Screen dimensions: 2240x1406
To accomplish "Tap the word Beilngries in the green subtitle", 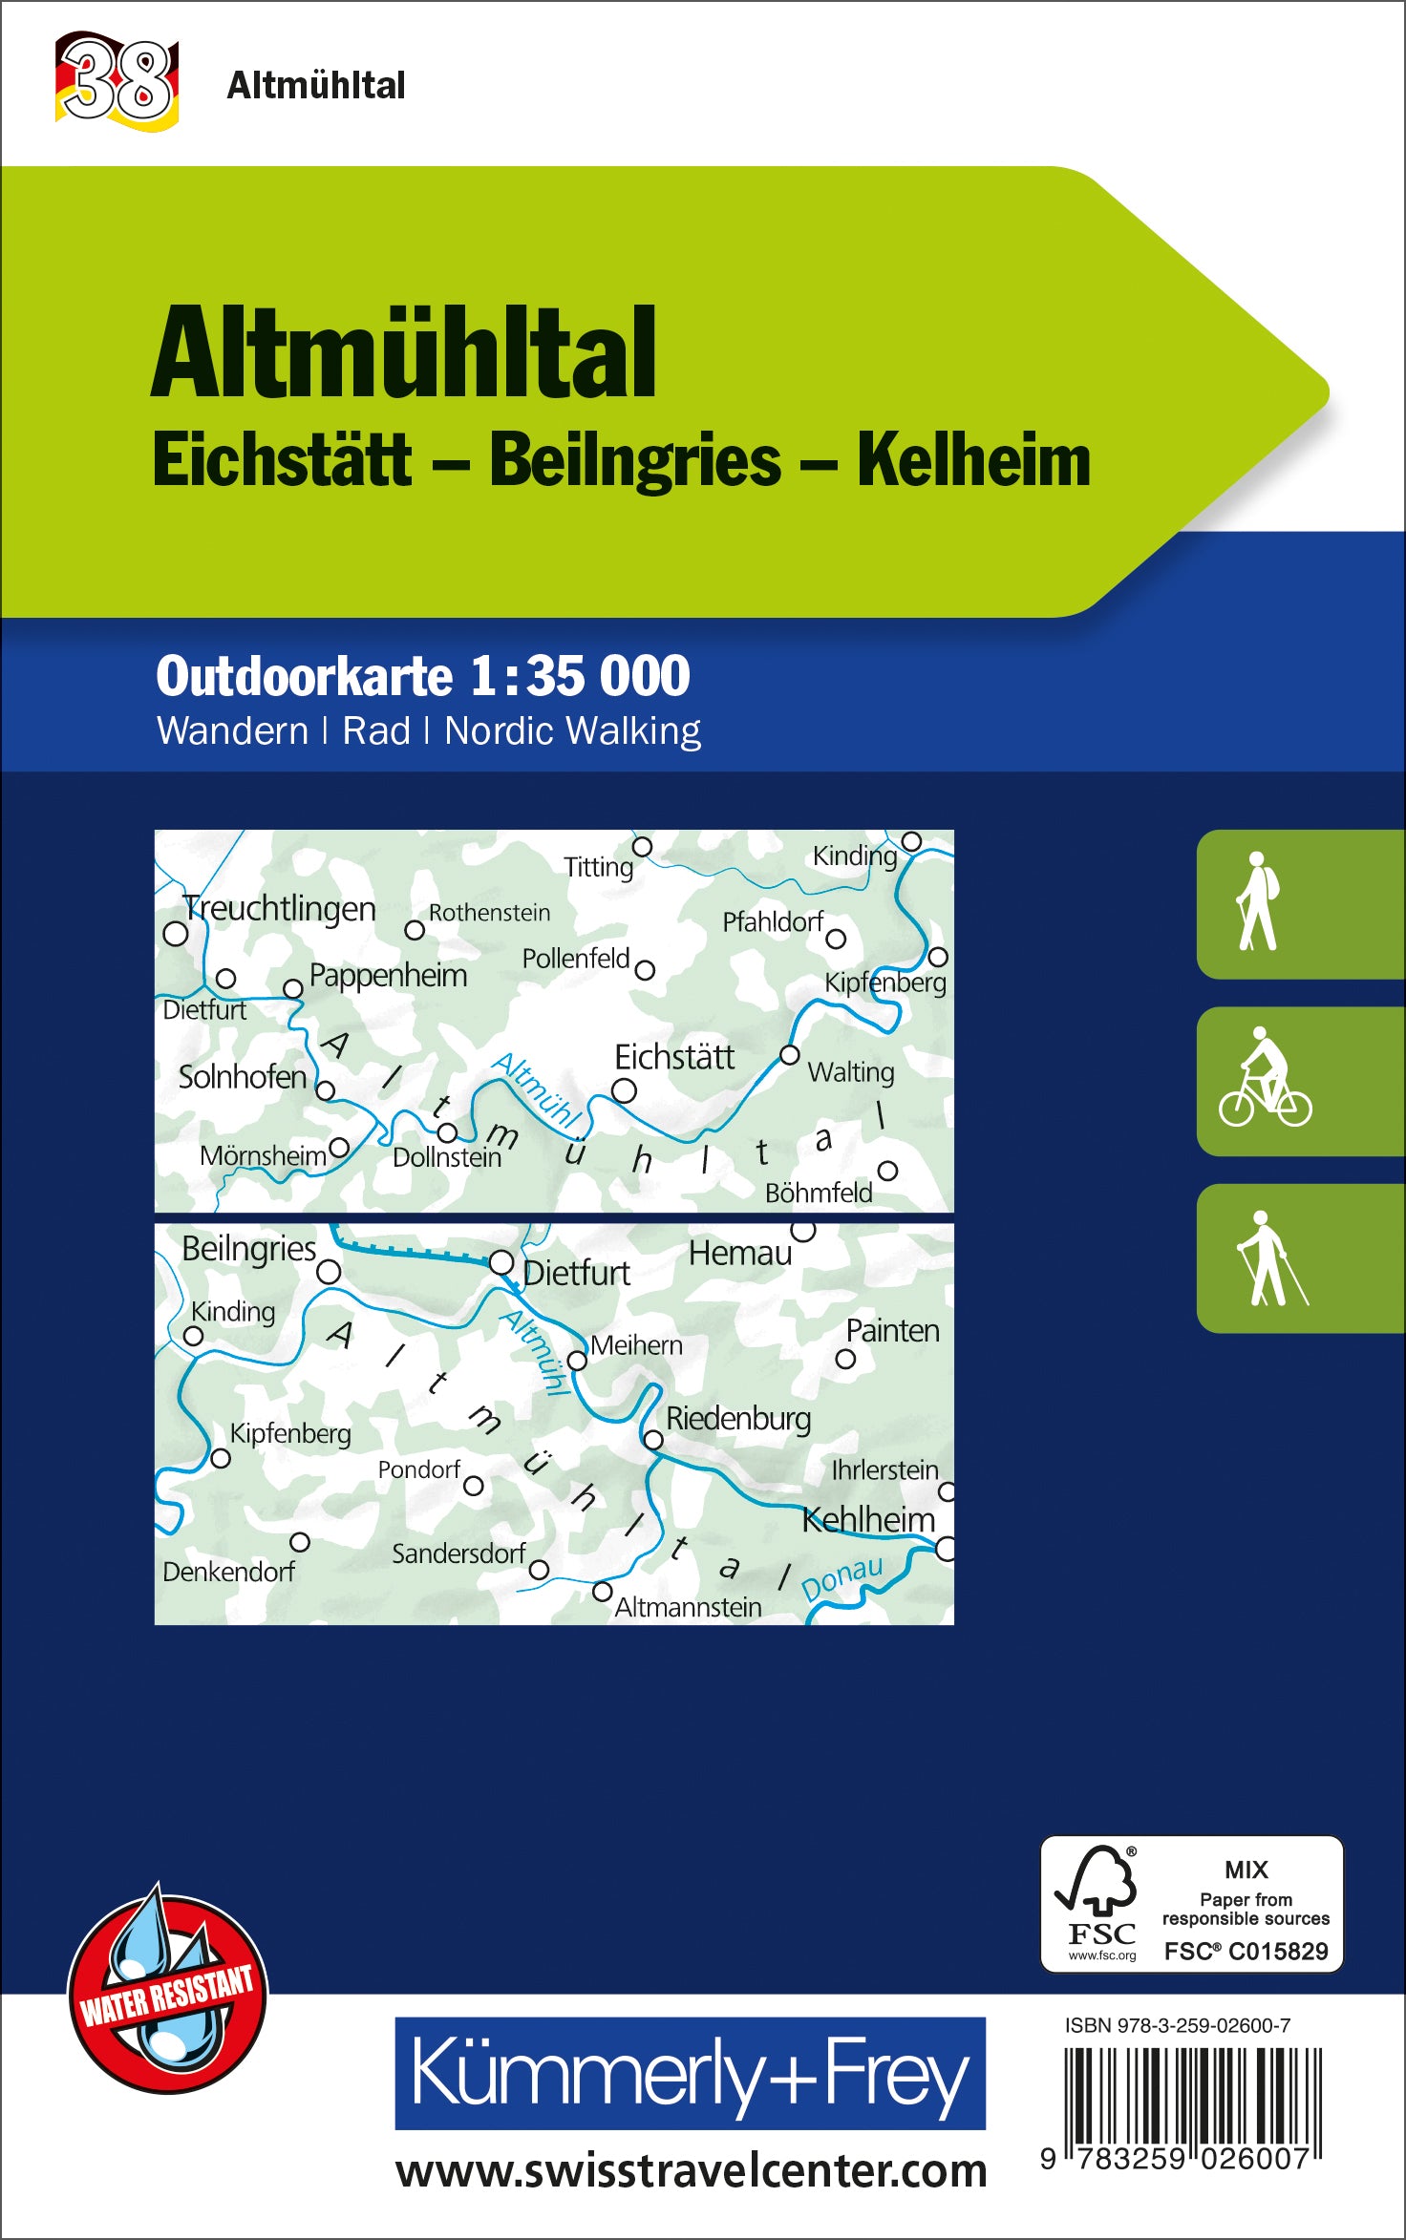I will [x=635, y=461].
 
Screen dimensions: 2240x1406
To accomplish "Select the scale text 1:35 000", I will [x=580, y=676].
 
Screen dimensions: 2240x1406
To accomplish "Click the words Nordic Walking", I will [x=572, y=731].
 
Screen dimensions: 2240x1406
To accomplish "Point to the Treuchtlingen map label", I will [x=279, y=908].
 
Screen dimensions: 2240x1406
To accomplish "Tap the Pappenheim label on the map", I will [x=388, y=976].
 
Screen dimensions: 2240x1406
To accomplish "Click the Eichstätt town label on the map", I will [x=673, y=1058].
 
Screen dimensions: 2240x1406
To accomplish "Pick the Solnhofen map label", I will [x=242, y=1077].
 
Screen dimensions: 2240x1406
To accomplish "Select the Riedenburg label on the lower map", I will [x=737, y=1419].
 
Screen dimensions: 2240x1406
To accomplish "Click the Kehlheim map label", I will [x=868, y=1519].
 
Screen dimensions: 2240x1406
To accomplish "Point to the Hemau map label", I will [x=739, y=1254].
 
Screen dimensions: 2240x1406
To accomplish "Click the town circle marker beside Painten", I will [x=845, y=1359].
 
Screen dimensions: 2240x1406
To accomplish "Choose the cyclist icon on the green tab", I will [x=1265, y=1079].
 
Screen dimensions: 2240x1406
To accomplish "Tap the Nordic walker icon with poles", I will [x=1268, y=1257].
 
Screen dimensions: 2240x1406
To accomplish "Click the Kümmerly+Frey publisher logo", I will [x=690, y=2072].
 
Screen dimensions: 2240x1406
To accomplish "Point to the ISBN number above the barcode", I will [x=1177, y=2025].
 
